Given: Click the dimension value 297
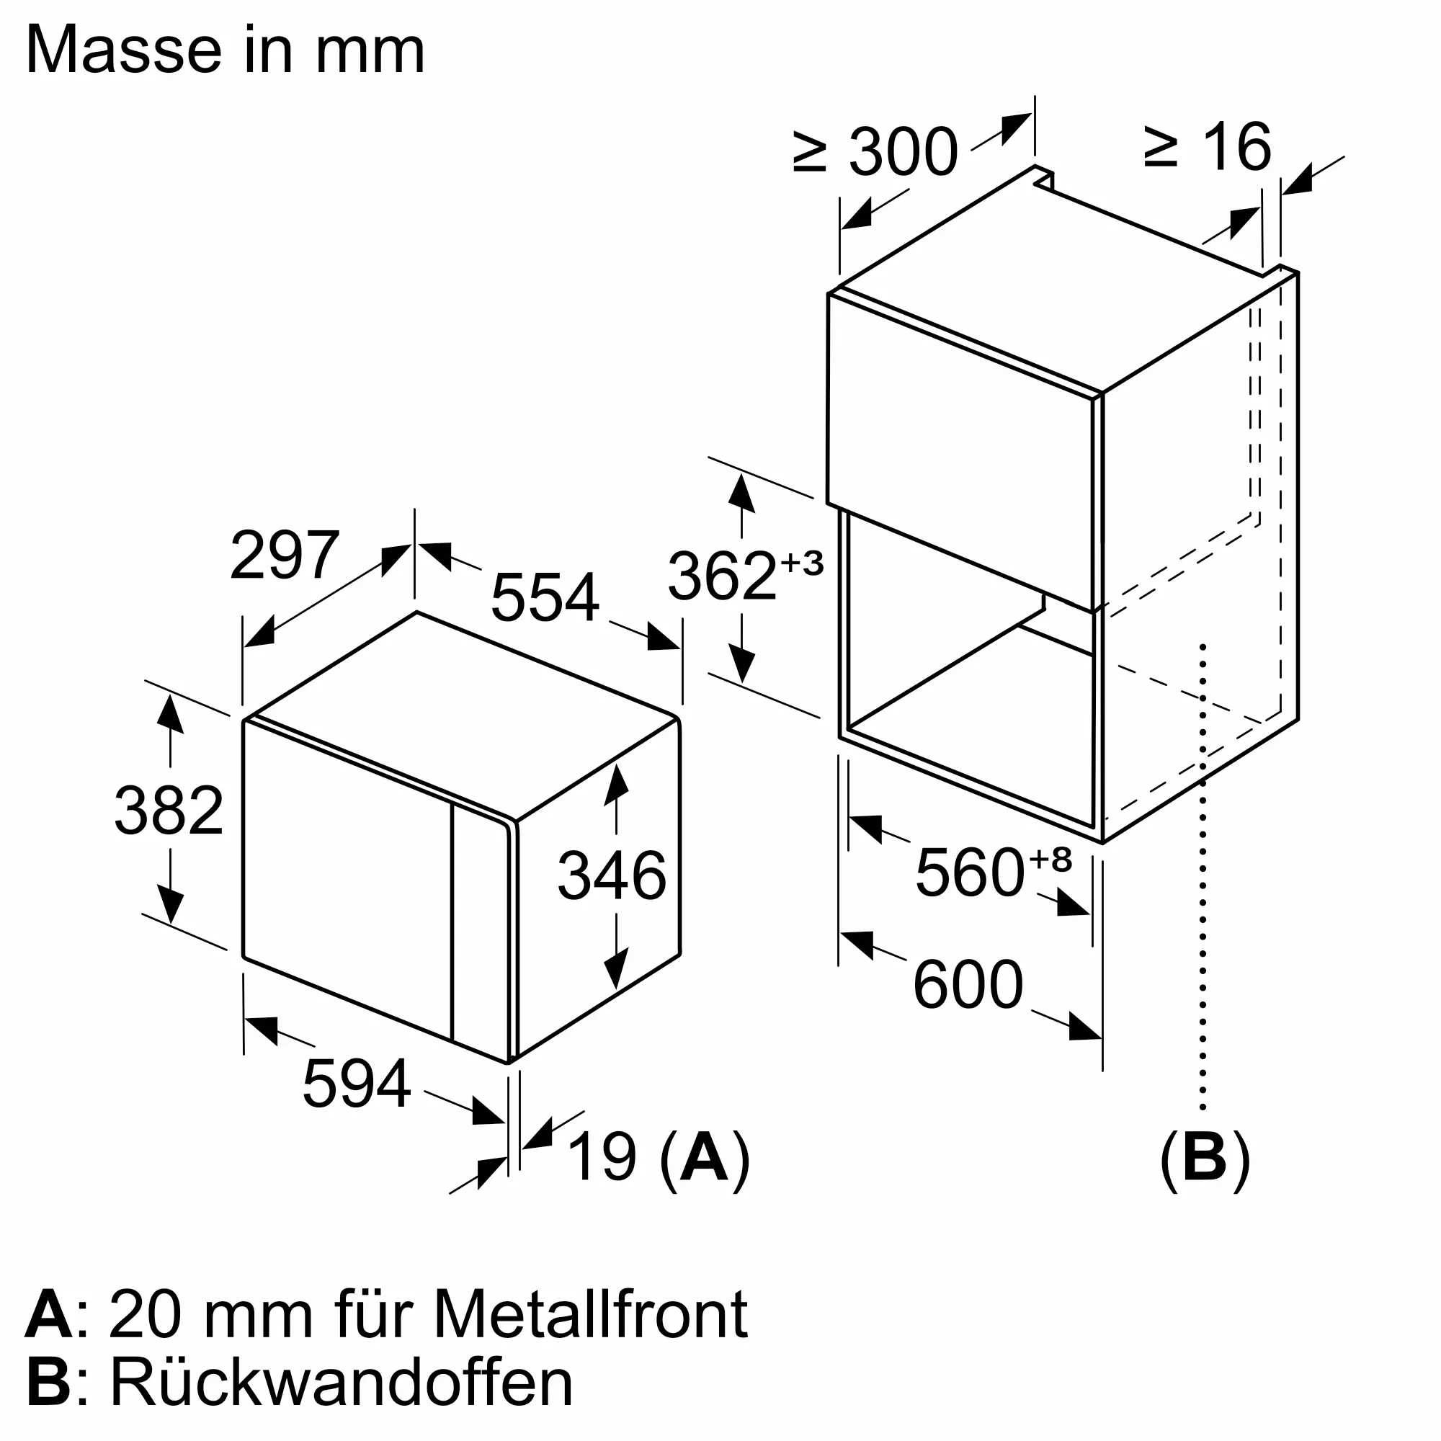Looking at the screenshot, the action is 284,555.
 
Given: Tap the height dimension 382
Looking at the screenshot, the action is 169,811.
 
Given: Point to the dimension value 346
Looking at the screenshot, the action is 612,875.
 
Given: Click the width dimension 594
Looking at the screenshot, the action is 357,1084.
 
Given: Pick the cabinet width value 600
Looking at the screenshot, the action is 968,985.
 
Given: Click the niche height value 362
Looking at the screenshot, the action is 722,576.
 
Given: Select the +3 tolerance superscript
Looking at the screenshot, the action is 802,563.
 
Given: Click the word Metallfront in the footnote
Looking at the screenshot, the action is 590,1315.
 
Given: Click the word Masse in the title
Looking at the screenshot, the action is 123,50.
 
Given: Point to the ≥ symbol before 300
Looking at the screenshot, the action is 810,152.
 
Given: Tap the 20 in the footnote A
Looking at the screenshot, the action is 145,1315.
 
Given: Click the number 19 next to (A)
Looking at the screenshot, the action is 602,1157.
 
